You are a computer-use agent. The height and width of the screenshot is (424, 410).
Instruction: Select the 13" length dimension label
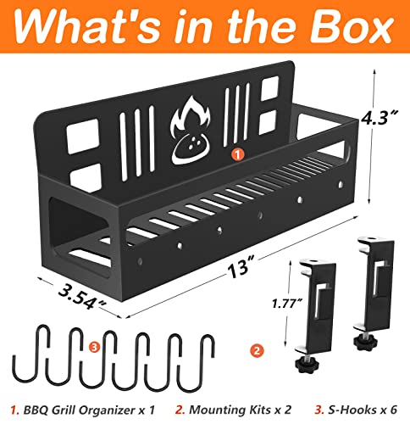(241, 267)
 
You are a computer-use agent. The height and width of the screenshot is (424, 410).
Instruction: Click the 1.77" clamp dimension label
(286, 304)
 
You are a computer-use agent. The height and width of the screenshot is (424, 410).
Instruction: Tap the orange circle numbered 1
(237, 154)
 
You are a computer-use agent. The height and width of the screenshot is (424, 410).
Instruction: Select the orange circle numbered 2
(257, 351)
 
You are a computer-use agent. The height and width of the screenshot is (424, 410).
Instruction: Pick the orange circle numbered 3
(94, 347)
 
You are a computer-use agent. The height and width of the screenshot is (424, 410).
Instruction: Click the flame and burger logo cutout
(190, 131)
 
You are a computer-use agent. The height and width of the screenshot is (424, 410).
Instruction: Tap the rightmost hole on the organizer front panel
(341, 184)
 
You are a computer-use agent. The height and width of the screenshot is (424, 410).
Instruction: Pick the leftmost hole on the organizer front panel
(140, 260)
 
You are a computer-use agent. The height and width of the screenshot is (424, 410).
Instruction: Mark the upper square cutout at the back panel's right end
(269, 88)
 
